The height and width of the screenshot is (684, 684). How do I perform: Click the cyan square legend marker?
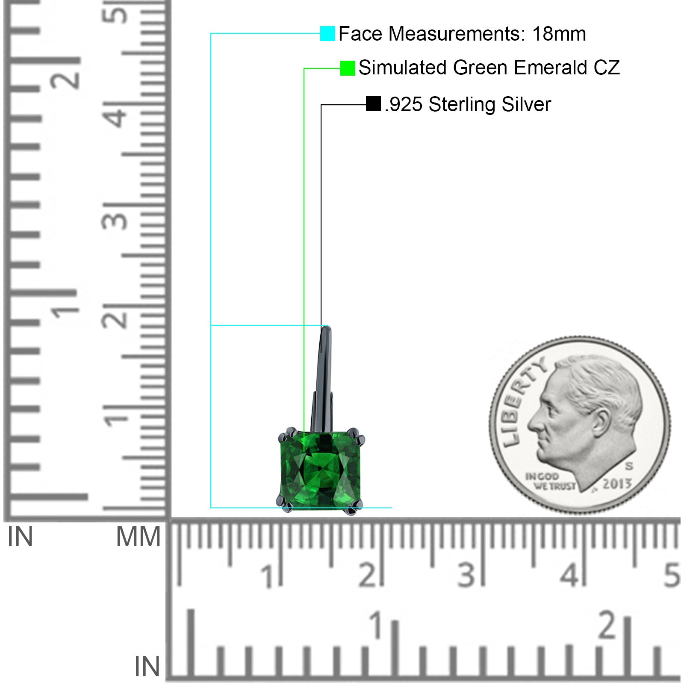(327, 33)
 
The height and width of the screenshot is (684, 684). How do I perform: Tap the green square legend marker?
(348, 68)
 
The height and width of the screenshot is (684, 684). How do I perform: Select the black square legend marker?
(373, 104)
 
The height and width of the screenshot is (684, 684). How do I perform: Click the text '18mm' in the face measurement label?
(559, 34)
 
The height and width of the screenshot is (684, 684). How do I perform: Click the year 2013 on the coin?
(617, 484)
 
